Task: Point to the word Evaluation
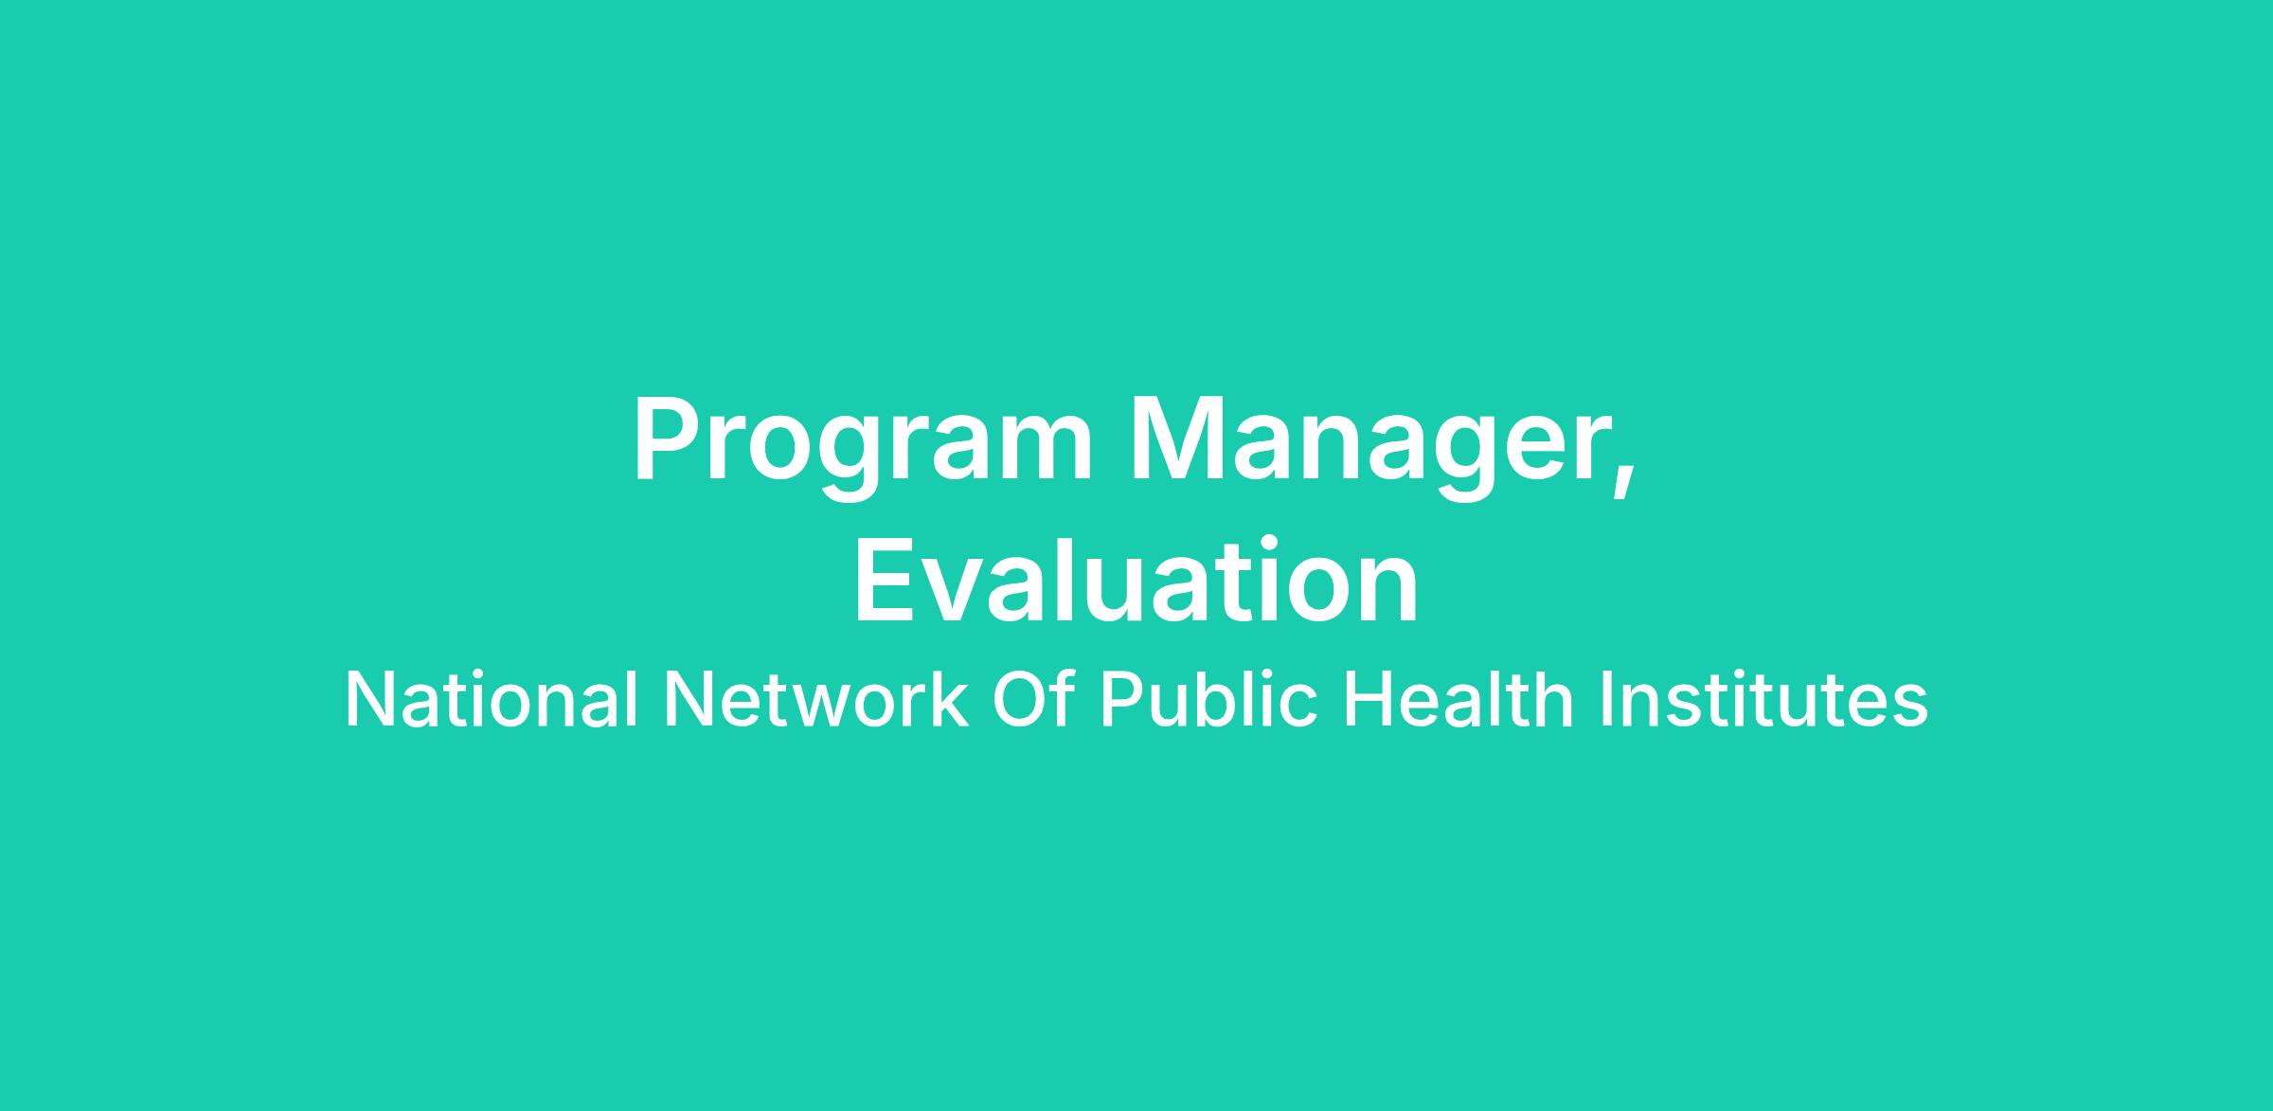(1136, 580)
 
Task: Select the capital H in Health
(1369, 700)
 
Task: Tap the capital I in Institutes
(1607, 700)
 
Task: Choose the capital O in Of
(1021, 700)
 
